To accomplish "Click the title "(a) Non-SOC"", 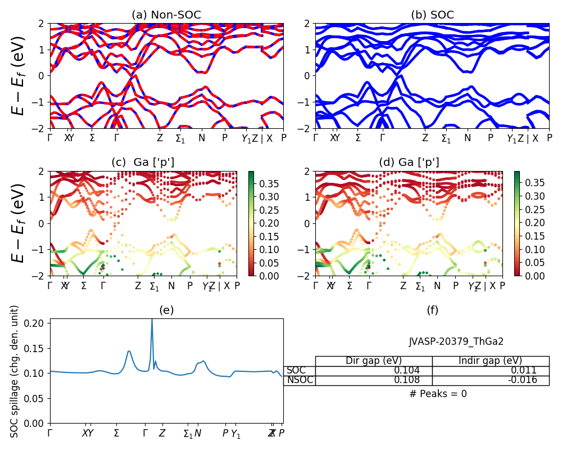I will tap(166, 15).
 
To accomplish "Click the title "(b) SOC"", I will tap(432, 15).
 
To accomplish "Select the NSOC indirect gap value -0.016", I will tap(522, 380).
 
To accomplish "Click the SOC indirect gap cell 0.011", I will tap(524, 371).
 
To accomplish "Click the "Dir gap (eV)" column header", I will tap(374, 361).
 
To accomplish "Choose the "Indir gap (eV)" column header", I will tap(490, 361).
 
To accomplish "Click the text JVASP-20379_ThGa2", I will tap(456, 341).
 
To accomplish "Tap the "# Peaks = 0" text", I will tap(438, 394).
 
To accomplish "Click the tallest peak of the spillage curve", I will tap(152, 320).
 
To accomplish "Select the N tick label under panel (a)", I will tap(202, 138).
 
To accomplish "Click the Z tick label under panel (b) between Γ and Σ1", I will tap(425, 138).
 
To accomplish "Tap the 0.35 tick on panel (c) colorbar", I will tap(261, 183).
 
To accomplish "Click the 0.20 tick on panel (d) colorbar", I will tap(527, 223).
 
